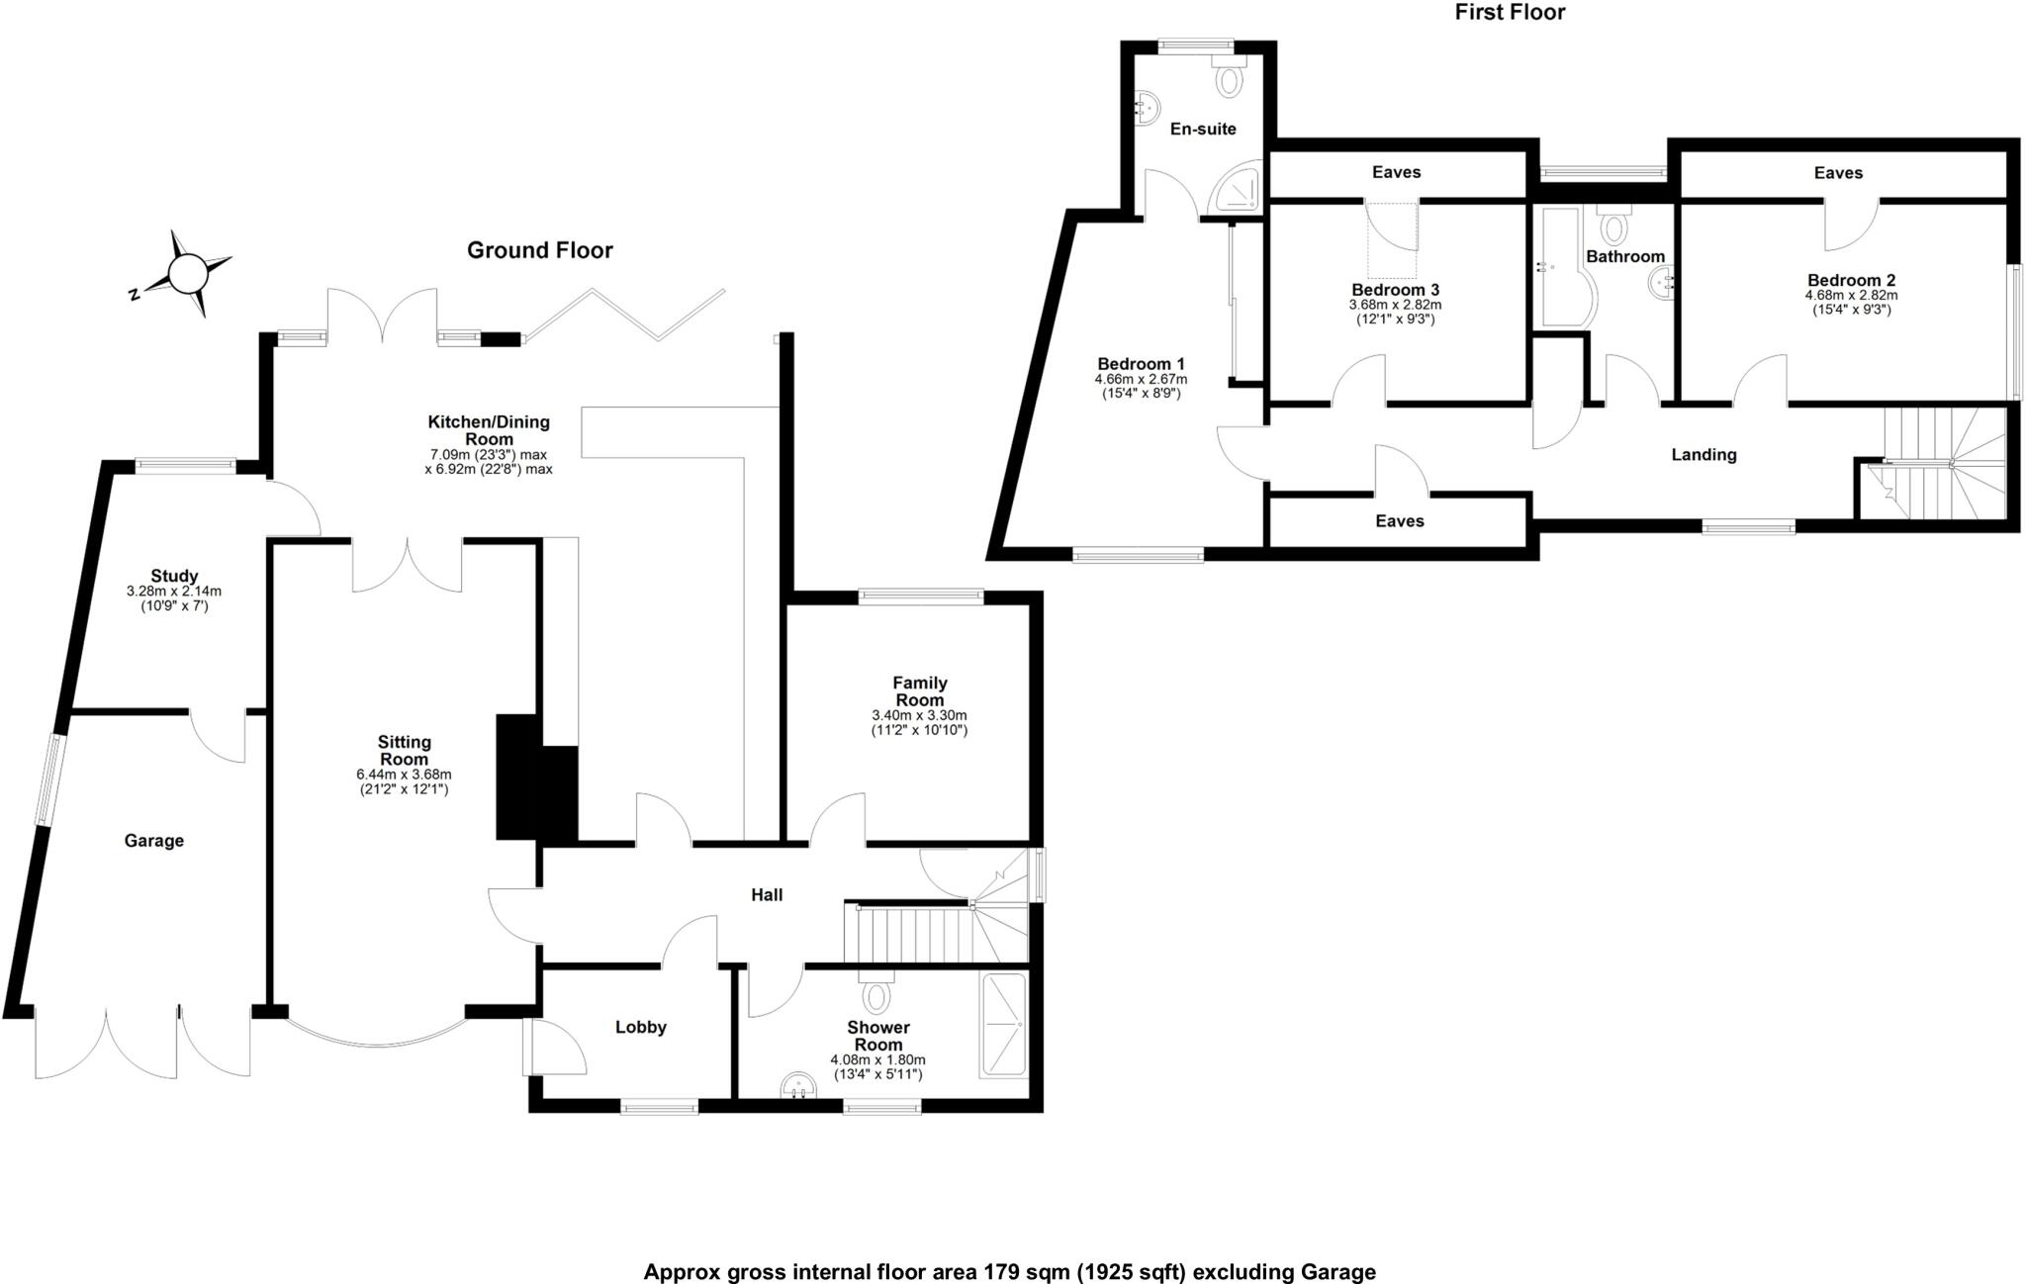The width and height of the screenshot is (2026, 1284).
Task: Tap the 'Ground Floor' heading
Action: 539,250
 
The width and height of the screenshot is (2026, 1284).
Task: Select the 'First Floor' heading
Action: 1510,12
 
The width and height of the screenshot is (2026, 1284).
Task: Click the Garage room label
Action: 154,841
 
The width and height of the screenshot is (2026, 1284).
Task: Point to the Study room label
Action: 174,576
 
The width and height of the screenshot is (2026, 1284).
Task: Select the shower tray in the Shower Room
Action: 1003,1026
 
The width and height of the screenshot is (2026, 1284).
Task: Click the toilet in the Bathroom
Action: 1613,226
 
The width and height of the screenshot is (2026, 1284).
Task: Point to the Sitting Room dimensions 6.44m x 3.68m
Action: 404,774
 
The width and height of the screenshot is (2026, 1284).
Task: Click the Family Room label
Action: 920,691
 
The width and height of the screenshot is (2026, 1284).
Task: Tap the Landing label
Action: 1704,455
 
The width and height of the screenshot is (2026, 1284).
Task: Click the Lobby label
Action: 641,1027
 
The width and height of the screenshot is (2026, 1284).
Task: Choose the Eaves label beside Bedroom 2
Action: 1838,173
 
